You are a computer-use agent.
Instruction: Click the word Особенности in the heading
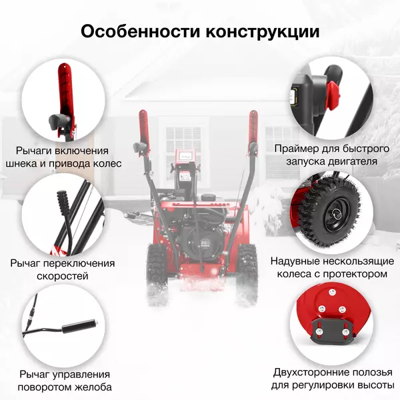coord(140,31)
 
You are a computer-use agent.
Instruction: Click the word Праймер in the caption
coord(297,149)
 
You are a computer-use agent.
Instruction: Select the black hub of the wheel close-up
coord(335,214)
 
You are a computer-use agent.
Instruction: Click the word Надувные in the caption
coord(295,261)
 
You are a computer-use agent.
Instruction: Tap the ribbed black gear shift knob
coord(63,203)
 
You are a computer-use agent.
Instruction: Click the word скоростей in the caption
coord(63,276)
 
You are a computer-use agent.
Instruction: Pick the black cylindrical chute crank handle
coord(80,327)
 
